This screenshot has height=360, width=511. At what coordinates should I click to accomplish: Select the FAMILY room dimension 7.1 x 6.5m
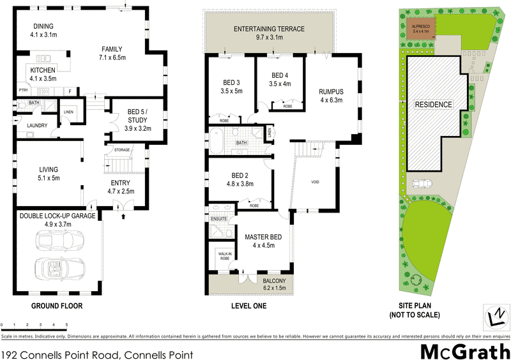point(113,57)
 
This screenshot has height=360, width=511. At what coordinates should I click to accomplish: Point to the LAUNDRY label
point(38,125)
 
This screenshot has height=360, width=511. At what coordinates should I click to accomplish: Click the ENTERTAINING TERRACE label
point(269,29)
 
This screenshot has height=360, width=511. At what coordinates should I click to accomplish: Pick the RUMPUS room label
point(332,91)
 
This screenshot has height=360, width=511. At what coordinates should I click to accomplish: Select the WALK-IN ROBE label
point(224,257)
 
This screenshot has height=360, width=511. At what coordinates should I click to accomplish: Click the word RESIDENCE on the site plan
point(434,104)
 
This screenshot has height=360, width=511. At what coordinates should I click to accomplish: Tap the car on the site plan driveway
point(422,184)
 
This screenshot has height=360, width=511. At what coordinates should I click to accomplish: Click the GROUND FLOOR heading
point(57,306)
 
